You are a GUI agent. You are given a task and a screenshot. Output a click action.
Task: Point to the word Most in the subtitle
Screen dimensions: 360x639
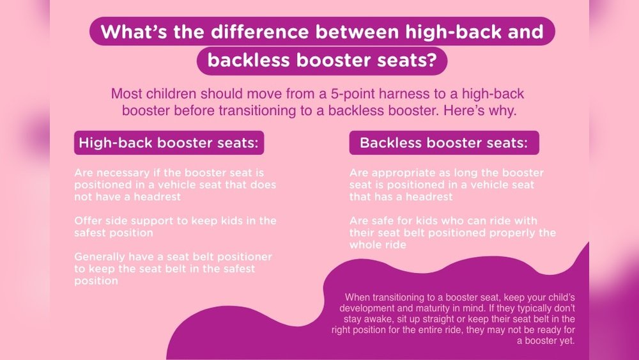pos(126,93)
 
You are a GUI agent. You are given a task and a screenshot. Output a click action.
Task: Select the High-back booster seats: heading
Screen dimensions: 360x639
pos(169,143)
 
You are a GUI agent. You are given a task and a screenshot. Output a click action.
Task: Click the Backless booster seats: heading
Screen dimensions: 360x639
pos(444,143)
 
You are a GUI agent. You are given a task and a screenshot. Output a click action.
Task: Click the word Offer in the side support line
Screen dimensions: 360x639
pos(88,221)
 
